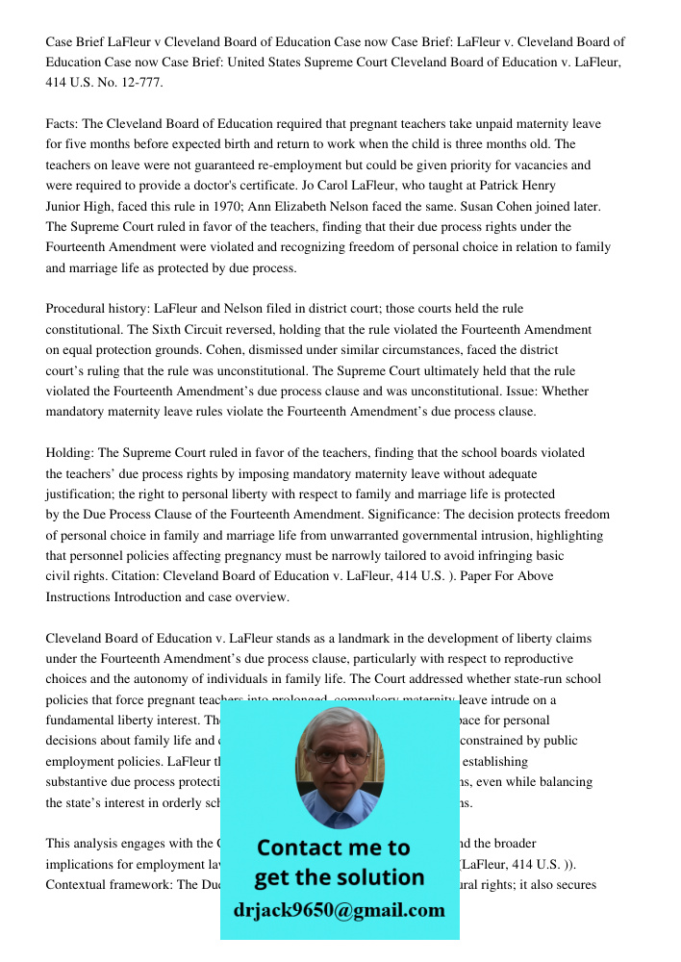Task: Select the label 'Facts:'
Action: [x=62, y=124]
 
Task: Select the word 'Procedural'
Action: [x=76, y=309]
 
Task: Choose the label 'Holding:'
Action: [x=70, y=452]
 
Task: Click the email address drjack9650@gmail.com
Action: [x=340, y=910]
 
